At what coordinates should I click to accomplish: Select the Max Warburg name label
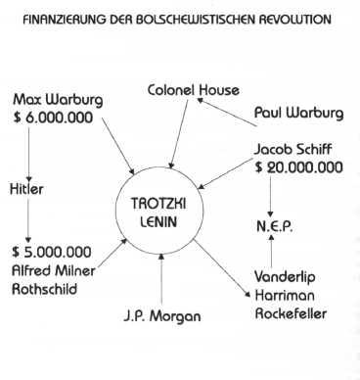tap(56, 101)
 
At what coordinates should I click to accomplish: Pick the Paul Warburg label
tap(299, 113)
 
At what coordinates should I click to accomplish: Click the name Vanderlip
tap(291, 275)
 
